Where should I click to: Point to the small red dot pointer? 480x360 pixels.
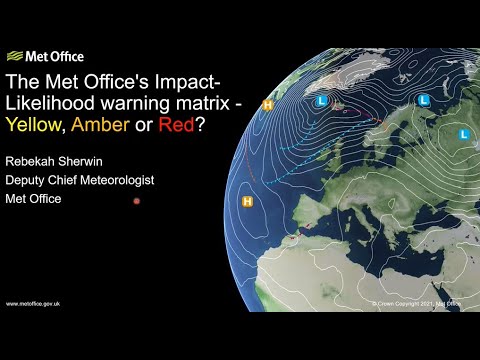pyautogui.click(x=136, y=201)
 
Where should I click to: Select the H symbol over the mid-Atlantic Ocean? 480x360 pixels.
pyautogui.click(x=246, y=201)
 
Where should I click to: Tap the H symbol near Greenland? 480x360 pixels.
pyautogui.click(x=267, y=104)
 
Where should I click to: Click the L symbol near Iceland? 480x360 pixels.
pyautogui.click(x=321, y=101)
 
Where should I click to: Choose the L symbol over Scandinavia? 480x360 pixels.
pyautogui.click(x=423, y=100)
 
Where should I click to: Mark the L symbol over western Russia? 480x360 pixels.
pyautogui.click(x=463, y=133)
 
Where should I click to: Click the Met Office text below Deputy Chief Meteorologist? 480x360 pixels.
pyautogui.click(x=34, y=199)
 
